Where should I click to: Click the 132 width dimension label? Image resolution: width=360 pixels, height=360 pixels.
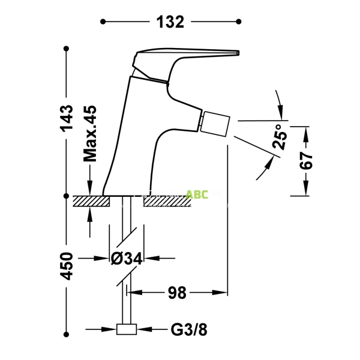[x=171, y=22]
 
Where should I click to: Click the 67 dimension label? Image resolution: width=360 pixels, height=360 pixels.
[x=306, y=161]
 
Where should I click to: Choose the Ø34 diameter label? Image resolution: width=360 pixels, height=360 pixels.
[x=126, y=259]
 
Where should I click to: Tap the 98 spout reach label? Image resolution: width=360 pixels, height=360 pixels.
[x=177, y=293]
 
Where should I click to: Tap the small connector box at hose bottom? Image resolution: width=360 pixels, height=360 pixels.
[x=126, y=329]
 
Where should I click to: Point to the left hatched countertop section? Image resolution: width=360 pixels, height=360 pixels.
[x=91, y=200]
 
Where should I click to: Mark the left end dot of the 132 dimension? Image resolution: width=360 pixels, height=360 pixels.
[x=103, y=22]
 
